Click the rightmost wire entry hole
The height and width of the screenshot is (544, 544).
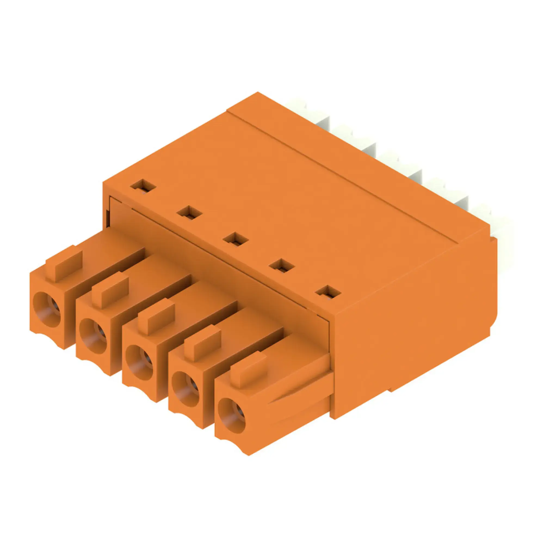(232, 416)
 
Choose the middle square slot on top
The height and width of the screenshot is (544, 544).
(236, 239)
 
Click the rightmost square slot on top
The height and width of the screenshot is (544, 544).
(328, 293)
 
